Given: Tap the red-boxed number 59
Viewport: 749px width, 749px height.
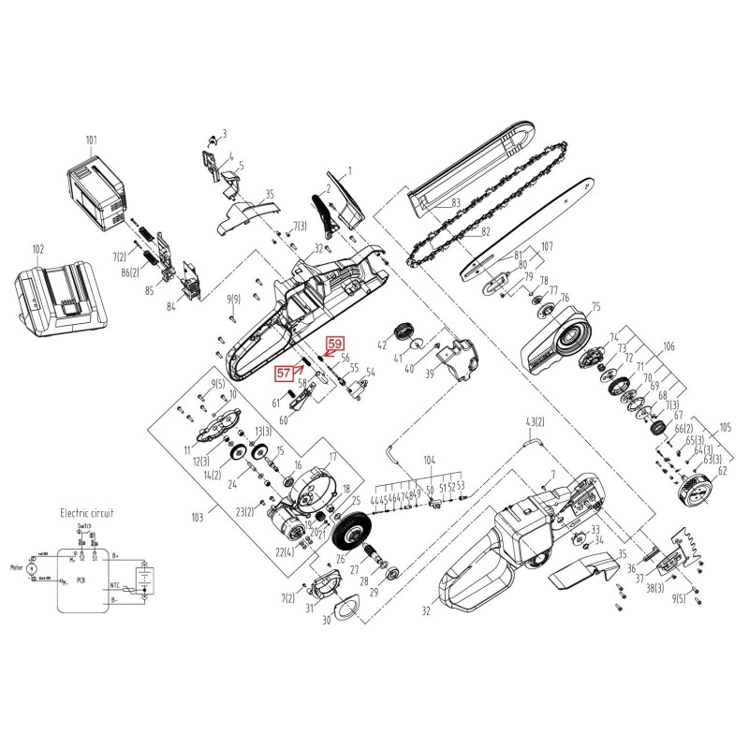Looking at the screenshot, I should tap(334, 344).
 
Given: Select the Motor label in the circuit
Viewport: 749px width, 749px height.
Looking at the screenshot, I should tap(15, 566).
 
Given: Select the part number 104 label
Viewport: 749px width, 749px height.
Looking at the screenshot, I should tap(430, 463).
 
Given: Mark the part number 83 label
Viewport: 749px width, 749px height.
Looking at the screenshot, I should tap(455, 202).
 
